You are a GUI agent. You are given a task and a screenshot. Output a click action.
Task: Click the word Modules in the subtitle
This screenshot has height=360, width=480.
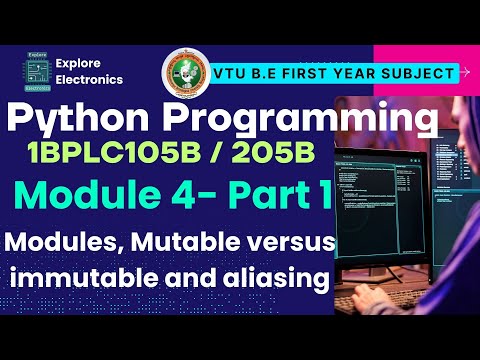pyautogui.click(x=64, y=241)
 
